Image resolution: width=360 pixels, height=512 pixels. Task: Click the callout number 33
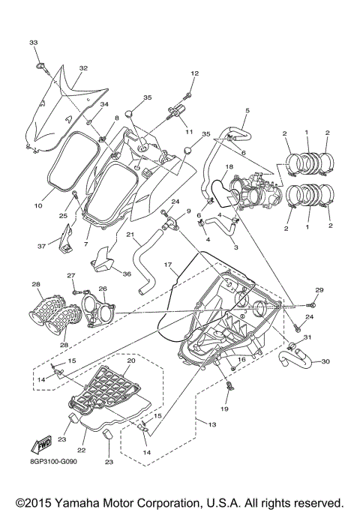33,43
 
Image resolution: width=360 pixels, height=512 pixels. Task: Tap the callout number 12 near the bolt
194,73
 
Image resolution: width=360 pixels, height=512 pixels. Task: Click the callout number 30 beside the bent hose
324,362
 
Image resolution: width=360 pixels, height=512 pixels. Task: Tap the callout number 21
130,235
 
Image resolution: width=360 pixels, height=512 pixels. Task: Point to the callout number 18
229,166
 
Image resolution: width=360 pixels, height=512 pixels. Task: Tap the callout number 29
318,290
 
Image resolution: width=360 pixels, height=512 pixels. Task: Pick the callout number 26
103,289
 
